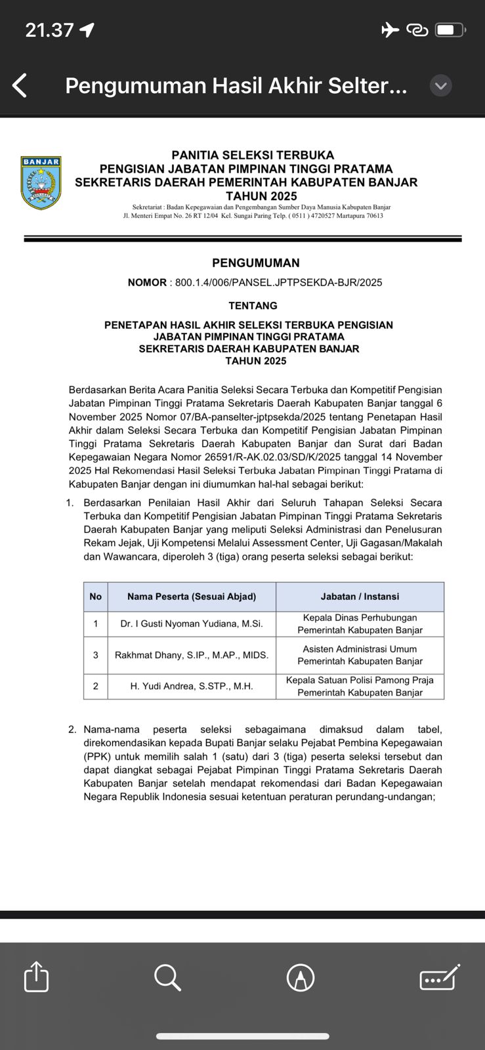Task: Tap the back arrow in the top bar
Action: [x=20, y=85]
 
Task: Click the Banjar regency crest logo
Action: [x=41, y=182]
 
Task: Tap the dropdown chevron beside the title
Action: [x=440, y=85]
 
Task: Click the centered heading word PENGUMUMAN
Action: [x=255, y=263]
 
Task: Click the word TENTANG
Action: [x=253, y=306]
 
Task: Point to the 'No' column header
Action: [x=96, y=597]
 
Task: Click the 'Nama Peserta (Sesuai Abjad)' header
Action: [x=192, y=597]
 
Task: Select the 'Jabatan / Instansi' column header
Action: [x=360, y=597]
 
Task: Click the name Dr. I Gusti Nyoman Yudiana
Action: [x=192, y=624]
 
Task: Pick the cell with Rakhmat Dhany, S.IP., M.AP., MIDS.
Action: [x=192, y=655]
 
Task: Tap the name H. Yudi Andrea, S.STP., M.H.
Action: [x=192, y=686]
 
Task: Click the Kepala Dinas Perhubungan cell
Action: [x=360, y=624]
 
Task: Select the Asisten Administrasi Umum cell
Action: [x=360, y=655]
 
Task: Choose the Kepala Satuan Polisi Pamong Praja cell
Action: [x=360, y=686]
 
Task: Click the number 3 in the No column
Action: [x=96, y=655]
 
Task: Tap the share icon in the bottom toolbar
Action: [x=36, y=976]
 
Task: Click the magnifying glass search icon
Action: [x=167, y=977]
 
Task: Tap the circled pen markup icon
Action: [x=301, y=978]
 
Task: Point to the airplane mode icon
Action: [x=390, y=30]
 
